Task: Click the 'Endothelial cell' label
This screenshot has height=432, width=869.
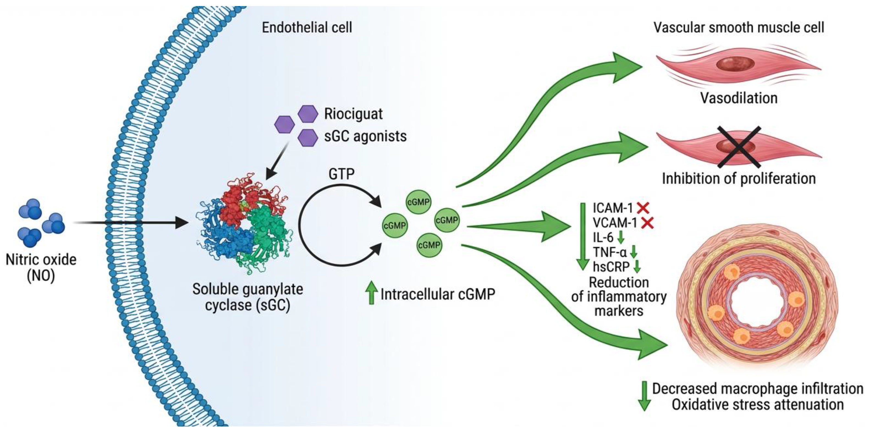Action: pos(307,27)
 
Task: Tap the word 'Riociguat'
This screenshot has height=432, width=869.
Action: pos(353,114)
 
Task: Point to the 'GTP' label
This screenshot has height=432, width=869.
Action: pos(341,174)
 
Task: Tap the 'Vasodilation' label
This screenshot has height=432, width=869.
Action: pos(739,98)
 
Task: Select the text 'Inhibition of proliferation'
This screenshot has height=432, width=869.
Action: pos(739,178)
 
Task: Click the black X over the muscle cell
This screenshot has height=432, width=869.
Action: pos(739,147)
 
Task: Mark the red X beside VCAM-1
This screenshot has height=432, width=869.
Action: pos(647,223)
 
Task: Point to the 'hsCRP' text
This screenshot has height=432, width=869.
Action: pos(611,267)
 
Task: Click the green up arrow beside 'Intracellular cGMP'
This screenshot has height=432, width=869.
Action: pos(372,293)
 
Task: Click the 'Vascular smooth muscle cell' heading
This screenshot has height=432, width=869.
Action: pos(739,27)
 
